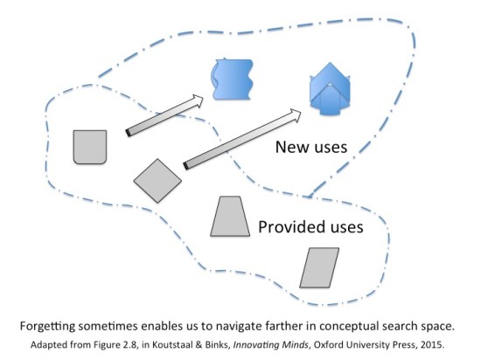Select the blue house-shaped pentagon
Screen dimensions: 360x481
point(329,87)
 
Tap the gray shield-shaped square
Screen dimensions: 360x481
point(89,147)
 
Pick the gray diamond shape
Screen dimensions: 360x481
point(157,180)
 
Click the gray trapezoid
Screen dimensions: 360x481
point(229,217)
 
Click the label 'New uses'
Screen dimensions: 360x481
point(311,147)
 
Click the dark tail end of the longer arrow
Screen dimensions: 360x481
point(186,163)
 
